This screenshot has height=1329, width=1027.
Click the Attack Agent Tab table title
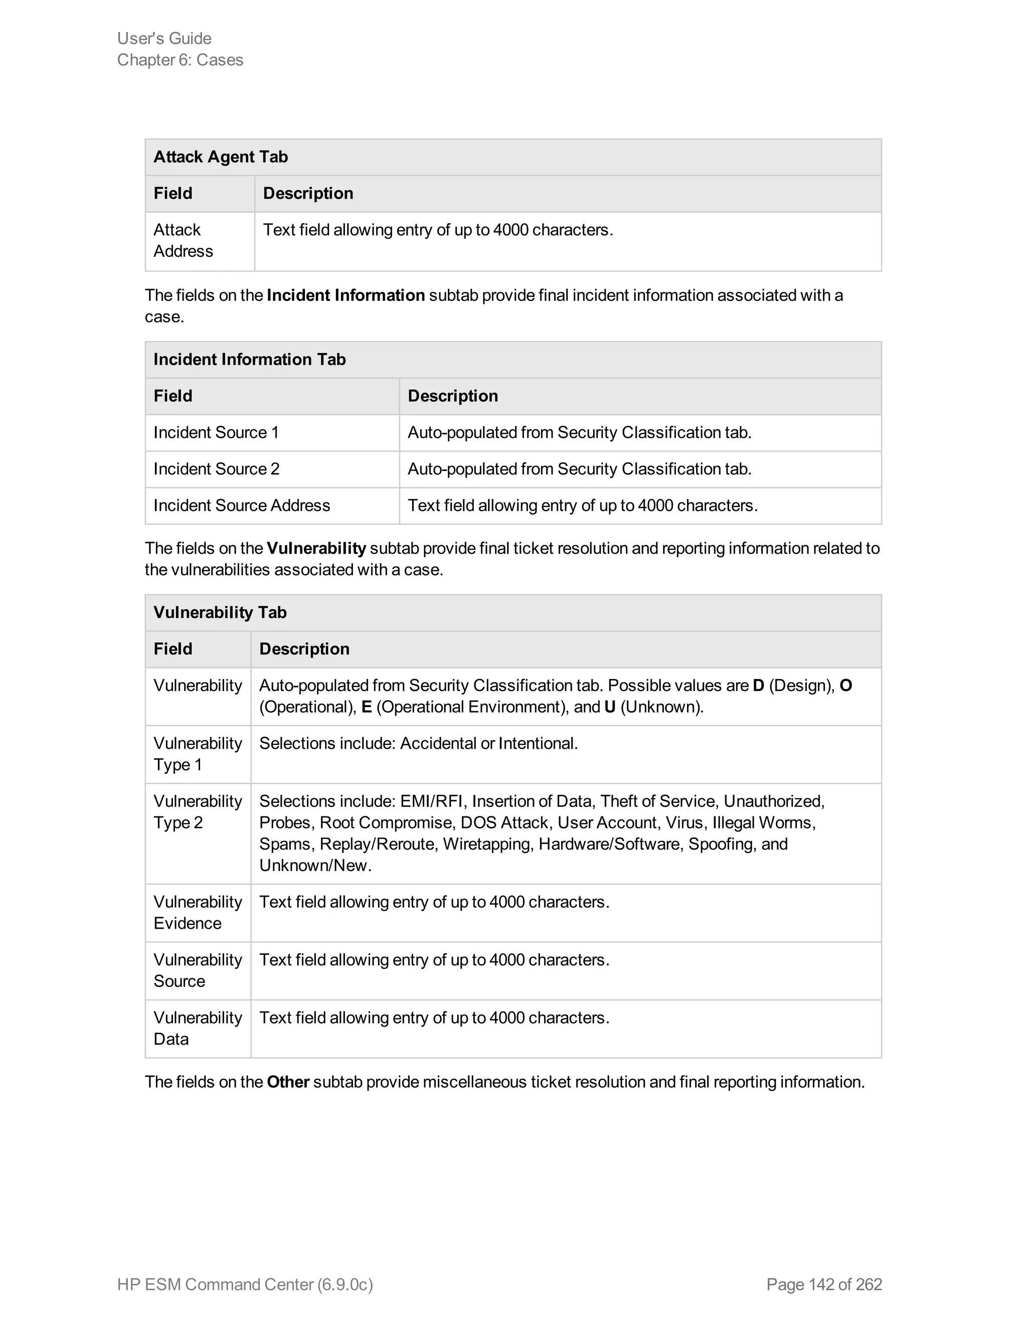[220, 157]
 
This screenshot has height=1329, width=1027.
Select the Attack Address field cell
[183, 240]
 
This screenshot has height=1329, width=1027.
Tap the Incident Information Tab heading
[249, 360]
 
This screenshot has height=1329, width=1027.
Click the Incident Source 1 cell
[216, 433]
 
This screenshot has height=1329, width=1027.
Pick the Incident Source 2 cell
[216, 469]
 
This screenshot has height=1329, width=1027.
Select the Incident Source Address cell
[242, 506]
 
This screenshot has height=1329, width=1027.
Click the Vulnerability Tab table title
[220, 613]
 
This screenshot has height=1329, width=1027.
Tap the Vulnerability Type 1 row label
[197, 754]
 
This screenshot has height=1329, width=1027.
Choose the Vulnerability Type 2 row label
[197, 812]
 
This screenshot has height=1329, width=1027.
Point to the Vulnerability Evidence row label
[197, 912]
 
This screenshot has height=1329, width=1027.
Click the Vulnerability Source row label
[197, 970]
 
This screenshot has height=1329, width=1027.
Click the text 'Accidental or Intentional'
[488, 744]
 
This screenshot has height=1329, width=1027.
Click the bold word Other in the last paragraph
[288, 1082]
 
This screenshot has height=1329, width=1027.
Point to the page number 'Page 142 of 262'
[824, 1284]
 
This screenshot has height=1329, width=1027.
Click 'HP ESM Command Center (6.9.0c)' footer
[245, 1284]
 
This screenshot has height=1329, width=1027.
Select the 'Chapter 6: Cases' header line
[180, 60]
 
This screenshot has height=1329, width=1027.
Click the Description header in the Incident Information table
[453, 396]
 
